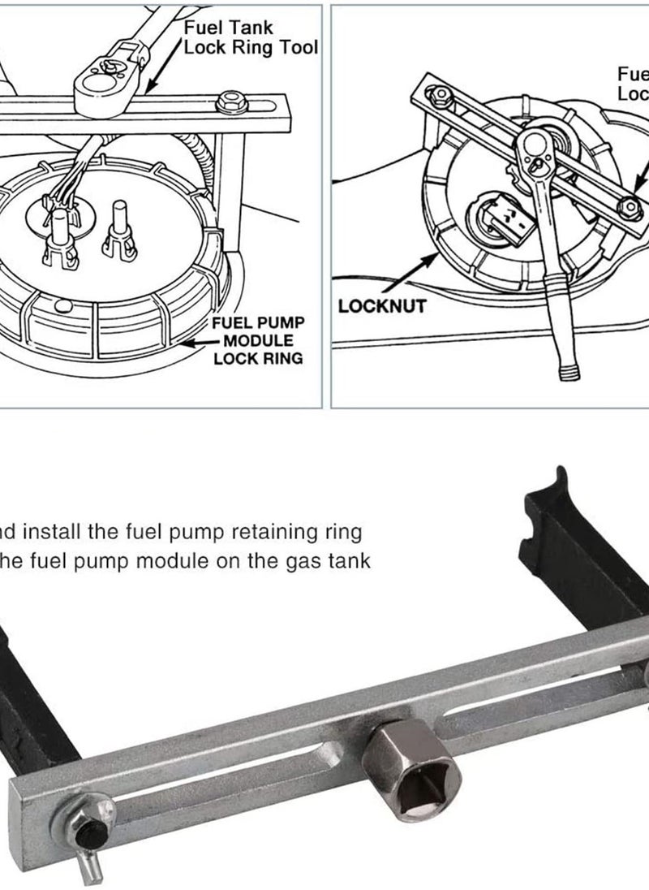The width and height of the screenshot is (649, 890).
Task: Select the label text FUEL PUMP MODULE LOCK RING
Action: [258, 340]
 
